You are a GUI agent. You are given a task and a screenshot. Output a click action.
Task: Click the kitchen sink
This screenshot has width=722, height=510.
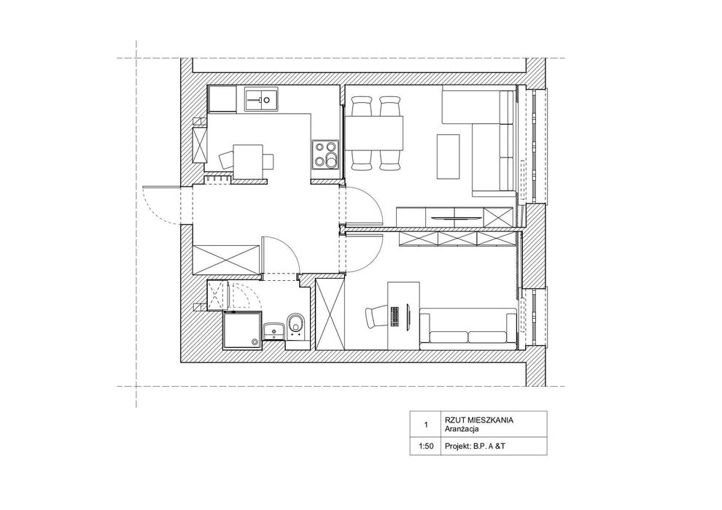261,98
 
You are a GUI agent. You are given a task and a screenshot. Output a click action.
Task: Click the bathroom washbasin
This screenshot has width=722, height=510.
274,331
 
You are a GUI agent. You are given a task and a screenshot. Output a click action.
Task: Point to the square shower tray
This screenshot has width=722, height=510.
242,331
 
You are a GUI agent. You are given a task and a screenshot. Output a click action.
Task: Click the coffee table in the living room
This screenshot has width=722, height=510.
448,157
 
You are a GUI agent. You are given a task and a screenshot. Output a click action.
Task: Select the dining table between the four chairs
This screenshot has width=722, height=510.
374,133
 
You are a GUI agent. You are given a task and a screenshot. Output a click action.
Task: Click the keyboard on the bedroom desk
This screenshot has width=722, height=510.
395,317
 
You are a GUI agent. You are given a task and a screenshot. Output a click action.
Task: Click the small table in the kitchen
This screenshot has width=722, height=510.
249,161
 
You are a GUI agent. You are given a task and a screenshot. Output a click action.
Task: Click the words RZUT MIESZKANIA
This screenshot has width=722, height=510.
479,420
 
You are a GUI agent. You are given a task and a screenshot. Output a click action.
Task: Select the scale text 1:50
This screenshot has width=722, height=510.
426,447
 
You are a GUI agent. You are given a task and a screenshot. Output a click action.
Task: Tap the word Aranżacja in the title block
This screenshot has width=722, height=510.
462,429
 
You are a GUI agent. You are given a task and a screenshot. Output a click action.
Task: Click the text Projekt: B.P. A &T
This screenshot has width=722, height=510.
475,447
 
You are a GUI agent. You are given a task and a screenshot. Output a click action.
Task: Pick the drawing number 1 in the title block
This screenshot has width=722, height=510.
426,425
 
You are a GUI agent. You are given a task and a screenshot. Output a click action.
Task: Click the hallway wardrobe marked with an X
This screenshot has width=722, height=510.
226,260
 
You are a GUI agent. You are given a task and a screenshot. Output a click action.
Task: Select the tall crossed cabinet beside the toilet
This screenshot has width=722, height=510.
330,314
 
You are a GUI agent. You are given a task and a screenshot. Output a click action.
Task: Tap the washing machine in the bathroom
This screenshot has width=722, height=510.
218,295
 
